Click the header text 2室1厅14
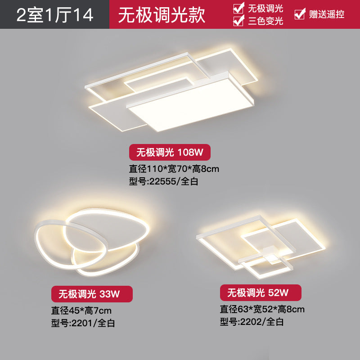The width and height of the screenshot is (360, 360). click(x=54, y=14)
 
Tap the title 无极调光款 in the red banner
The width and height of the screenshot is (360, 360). click(x=162, y=14)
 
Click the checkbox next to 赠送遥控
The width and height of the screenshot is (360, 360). click(x=299, y=14)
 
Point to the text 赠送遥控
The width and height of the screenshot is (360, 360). click(x=326, y=14)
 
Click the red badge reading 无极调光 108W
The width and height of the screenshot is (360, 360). click(x=170, y=153)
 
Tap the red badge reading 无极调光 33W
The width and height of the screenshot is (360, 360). click(x=92, y=294)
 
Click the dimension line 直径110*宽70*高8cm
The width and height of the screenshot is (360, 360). click(x=174, y=169)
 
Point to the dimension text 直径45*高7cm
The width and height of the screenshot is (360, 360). click(x=81, y=310)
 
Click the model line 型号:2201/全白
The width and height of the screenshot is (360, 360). click(x=83, y=323)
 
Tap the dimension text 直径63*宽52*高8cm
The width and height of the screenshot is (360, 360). click(x=262, y=309)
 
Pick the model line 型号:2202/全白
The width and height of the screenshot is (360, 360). click(x=252, y=321)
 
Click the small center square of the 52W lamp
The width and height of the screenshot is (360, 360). click(x=271, y=256)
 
